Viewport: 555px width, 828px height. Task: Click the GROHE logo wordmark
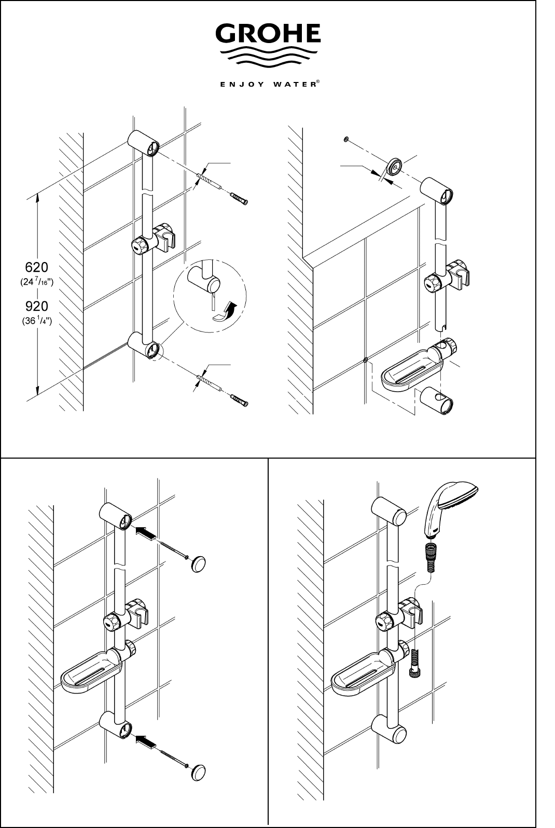click(268, 33)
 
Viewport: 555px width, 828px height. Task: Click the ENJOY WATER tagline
click(270, 84)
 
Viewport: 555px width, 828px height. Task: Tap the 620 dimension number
click(37, 267)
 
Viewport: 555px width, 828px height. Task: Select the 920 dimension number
click(37, 306)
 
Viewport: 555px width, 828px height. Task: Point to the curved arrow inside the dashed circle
click(226, 312)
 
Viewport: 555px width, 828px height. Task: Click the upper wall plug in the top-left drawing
click(239, 199)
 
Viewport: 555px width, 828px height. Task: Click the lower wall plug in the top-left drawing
click(239, 400)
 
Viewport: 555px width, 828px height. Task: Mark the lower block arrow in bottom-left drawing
click(145, 741)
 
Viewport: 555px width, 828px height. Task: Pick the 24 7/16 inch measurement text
click(37, 282)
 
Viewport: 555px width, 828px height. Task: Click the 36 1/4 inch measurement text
click(37, 321)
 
